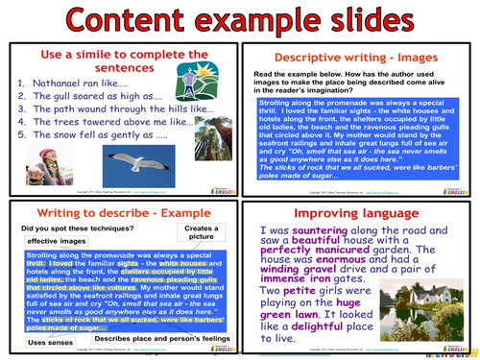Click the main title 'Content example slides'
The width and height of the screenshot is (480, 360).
click(240, 20)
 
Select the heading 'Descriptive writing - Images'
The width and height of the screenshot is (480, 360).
click(359, 55)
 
